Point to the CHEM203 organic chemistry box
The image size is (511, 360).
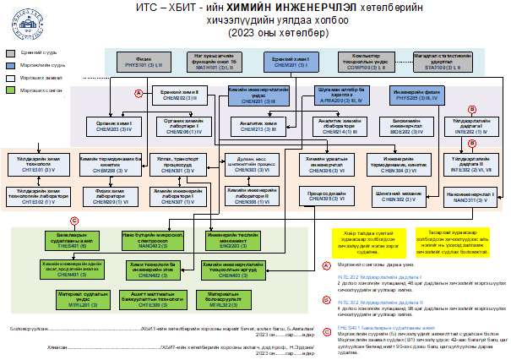[117, 125]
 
